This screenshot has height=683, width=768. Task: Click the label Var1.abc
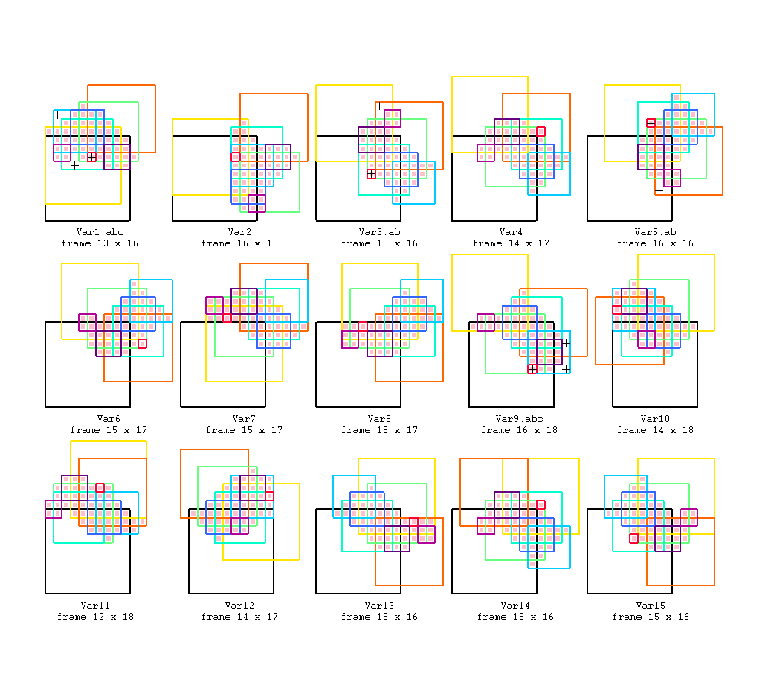tap(100, 232)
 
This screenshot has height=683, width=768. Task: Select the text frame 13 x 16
tap(100, 243)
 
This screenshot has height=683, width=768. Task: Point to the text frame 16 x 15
tap(239, 243)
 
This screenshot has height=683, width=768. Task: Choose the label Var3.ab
tap(379, 232)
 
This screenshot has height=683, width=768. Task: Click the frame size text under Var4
tap(511, 243)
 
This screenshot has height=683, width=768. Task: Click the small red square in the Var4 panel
tap(540, 132)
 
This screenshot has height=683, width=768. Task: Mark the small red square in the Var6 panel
tap(142, 344)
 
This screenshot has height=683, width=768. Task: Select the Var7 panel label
tap(244, 419)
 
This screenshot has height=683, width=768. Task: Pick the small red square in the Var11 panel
tap(100, 487)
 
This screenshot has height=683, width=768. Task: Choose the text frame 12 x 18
tap(95, 617)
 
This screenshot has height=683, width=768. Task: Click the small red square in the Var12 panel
tap(269, 496)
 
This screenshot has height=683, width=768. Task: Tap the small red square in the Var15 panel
tap(633, 538)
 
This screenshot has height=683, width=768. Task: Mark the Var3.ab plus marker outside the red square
tap(379, 106)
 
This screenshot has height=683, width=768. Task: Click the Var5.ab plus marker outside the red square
tap(659, 190)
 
